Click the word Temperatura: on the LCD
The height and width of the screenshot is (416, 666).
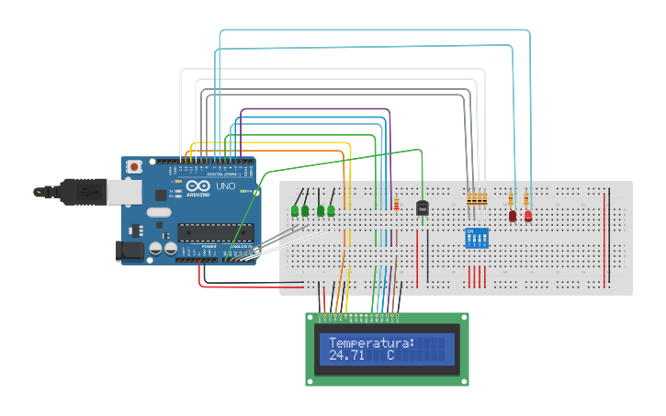click(x=371, y=343)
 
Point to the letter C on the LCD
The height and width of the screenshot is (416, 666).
click(x=389, y=355)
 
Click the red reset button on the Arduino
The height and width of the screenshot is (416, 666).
click(x=135, y=166)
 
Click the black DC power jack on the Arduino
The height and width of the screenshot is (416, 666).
click(x=128, y=250)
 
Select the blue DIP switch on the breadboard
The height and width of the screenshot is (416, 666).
click(x=476, y=238)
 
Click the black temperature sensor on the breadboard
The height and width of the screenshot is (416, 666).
click(x=423, y=208)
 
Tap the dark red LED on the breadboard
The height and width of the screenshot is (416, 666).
click(x=513, y=216)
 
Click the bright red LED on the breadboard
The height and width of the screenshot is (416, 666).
click(x=528, y=216)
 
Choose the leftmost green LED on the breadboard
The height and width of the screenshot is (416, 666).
click(x=295, y=211)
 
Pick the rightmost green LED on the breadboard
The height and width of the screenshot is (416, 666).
click(x=331, y=211)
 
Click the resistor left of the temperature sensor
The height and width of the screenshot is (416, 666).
click(x=396, y=203)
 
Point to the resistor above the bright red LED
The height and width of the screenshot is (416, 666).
click(x=525, y=197)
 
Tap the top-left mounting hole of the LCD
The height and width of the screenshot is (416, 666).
click(x=310, y=318)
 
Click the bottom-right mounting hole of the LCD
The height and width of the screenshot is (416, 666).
click(x=465, y=380)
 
